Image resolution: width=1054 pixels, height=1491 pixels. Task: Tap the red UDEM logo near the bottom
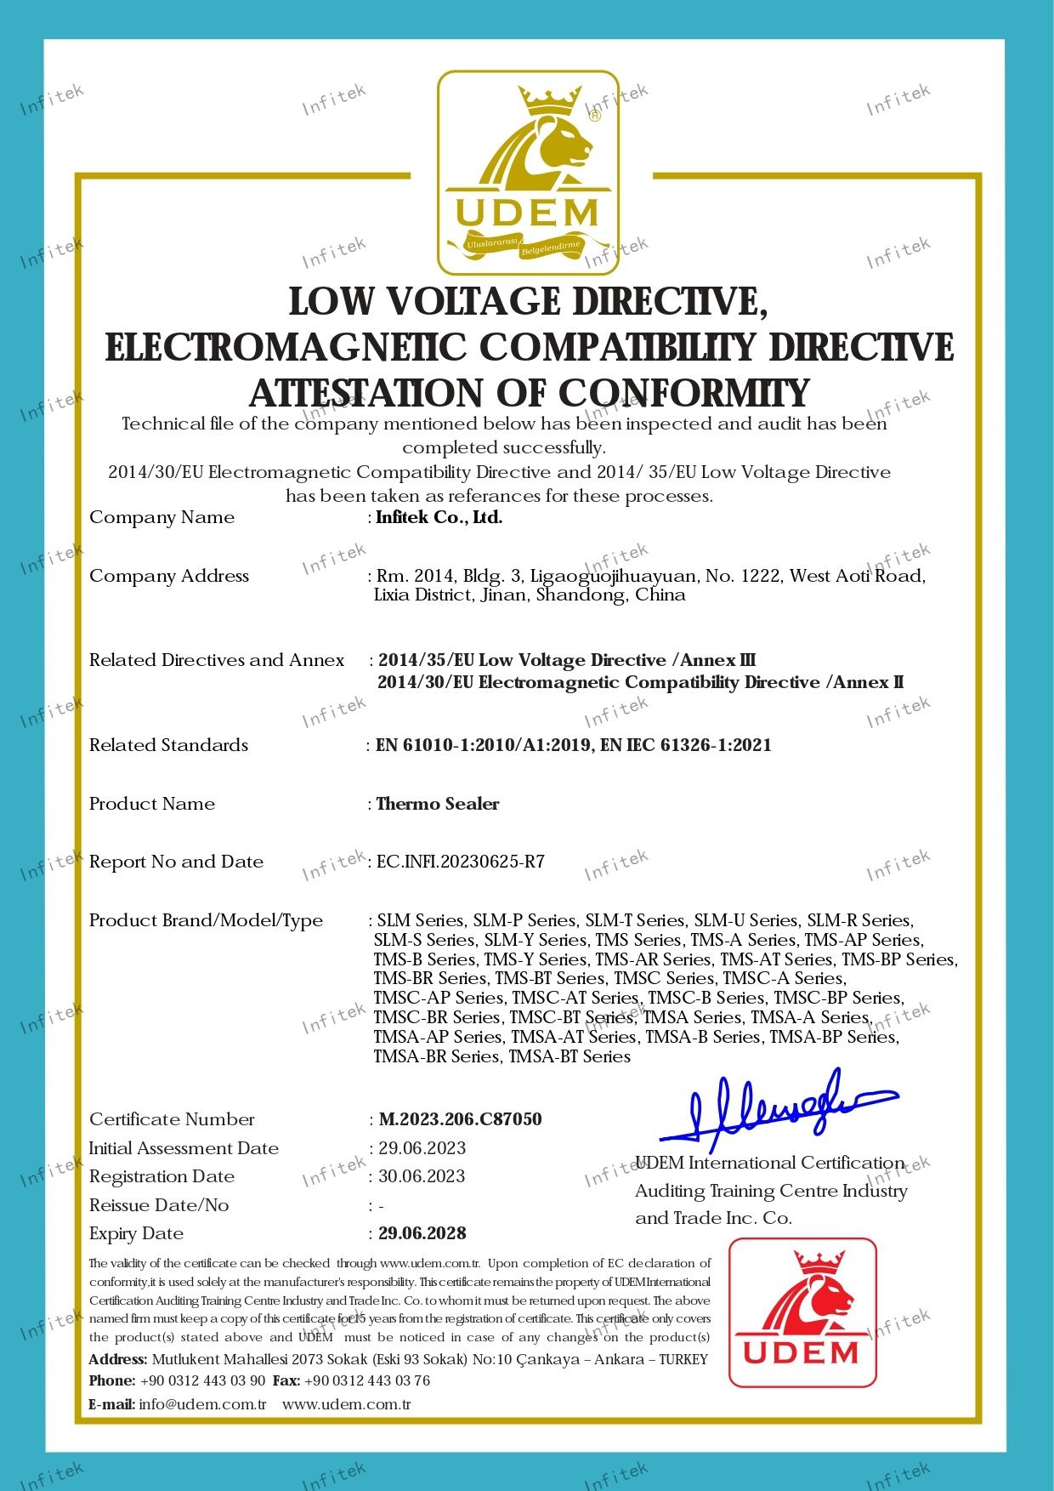[x=802, y=1312]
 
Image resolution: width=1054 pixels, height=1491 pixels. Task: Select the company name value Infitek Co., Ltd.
[x=439, y=517]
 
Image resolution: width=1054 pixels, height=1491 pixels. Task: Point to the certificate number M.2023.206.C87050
[x=460, y=1119]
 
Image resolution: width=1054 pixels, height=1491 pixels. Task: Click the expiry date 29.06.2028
[x=422, y=1233]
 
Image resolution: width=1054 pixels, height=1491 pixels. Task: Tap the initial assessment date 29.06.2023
[x=422, y=1148]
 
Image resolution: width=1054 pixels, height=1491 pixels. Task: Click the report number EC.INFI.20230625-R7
[x=461, y=862]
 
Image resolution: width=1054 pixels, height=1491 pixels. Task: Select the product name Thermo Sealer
[x=438, y=804]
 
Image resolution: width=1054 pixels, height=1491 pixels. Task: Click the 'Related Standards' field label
[x=168, y=745]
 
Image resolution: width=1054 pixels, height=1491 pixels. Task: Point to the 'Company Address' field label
[x=169, y=576]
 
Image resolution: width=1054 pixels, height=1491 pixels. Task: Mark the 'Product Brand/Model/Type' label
[x=206, y=920]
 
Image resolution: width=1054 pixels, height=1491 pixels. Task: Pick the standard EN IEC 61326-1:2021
[x=686, y=745]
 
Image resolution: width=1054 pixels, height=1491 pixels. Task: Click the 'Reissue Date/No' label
[x=159, y=1205]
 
